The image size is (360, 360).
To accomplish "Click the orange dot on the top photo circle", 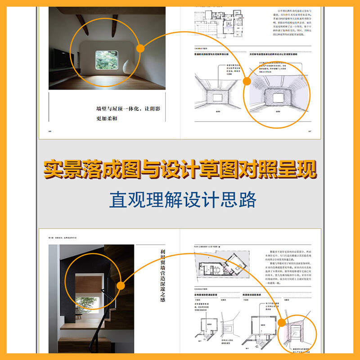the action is point(140,48).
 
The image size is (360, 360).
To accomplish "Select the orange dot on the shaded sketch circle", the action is point(247,81).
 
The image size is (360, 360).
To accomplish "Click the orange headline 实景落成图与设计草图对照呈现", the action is point(180,170).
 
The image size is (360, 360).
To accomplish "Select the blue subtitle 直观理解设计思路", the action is point(180,199).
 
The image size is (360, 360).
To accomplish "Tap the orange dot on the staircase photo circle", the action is point(121,285).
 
